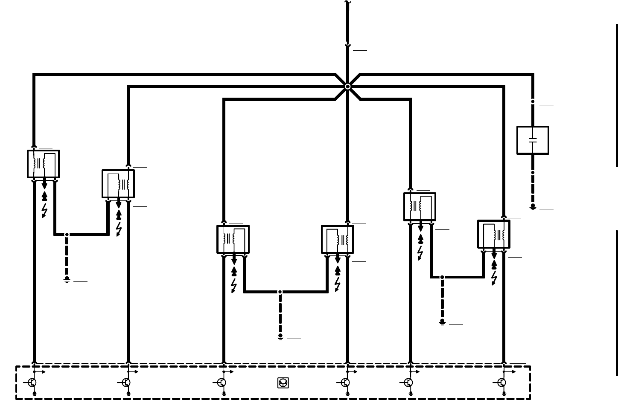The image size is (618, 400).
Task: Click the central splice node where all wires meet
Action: tap(347, 87)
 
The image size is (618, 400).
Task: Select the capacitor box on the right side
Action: tap(533, 140)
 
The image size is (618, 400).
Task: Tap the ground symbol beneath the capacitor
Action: tap(533, 207)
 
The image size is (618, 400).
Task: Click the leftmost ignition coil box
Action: tap(44, 164)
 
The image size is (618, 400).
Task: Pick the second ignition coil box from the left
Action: tap(118, 184)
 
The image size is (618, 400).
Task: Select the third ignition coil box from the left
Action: tap(233, 239)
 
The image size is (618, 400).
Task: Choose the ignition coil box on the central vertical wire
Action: tap(338, 239)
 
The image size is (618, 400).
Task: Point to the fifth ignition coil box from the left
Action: tap(420, 207)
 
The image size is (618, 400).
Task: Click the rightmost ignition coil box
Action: tap(494, 234)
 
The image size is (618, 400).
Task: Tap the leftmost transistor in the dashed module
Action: tap(32, 383)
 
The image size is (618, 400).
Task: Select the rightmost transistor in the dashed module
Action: tap(502, 383)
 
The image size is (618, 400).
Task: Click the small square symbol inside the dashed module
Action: tap(283, 383)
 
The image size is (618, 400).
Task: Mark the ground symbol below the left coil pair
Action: tap(67, 280)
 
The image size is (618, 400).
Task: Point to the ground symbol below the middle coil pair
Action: tap(280, 337)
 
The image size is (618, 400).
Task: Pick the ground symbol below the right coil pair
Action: tap(442, 322)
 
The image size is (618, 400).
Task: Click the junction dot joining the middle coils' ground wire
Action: tap(280, 292)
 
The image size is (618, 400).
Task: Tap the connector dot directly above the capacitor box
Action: tap(533, 101)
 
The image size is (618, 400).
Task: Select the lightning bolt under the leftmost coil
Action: tap(44, 210)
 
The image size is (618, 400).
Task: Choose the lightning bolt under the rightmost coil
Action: tap(494, 278)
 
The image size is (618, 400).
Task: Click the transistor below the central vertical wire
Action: tap(346, 383)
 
